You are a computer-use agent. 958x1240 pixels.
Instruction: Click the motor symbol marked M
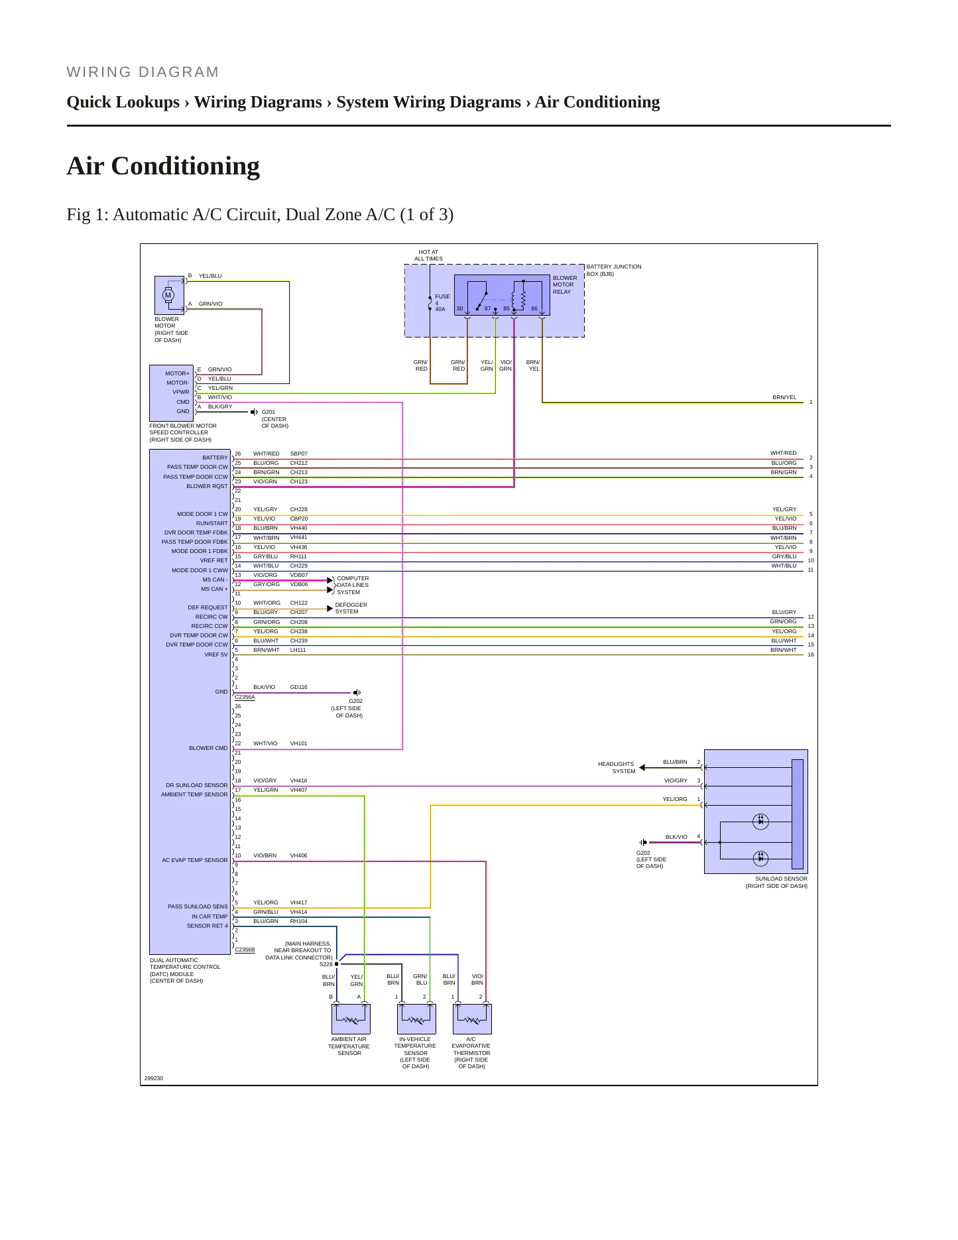click(168, 295)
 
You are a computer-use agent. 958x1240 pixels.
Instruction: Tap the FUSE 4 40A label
click(442, 303)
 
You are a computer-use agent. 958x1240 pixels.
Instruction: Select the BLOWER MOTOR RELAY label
click(565, 285)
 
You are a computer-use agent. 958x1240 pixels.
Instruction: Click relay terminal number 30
click(459, 309)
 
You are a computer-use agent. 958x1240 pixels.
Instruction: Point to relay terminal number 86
click(534, 309)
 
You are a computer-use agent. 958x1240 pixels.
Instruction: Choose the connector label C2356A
click(245, 697)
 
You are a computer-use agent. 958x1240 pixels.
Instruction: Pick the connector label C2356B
click(245, 950)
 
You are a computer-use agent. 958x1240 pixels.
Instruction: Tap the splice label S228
click(326, 964)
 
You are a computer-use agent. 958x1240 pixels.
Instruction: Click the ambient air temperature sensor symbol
click(351, 1019)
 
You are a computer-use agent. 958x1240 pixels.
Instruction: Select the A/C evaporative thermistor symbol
click(472, 1019)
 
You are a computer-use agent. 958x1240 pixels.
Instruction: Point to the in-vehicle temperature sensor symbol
click(416, 1019)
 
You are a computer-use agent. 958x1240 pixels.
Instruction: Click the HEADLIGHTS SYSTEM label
click(617, 768)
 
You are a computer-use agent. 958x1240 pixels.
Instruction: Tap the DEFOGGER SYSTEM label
click(351, 608)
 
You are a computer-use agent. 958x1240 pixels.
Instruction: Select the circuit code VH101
click(298, 743)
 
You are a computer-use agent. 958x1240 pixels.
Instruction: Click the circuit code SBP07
click(298, 454)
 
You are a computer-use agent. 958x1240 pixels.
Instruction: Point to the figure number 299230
click(154, 1078)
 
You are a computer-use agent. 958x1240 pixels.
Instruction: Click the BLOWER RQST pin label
click(207, 486)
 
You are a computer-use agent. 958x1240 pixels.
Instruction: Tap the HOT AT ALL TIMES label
click(429, 255)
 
